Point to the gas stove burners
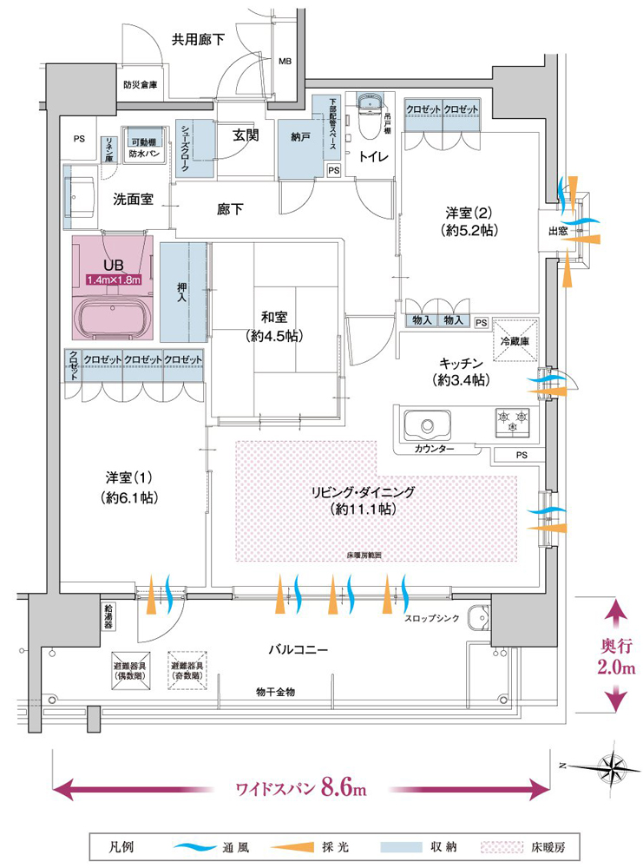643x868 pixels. pos(512,422)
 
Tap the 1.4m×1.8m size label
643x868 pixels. pos(113,280)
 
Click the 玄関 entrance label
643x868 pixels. pos(246,135)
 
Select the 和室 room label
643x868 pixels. pos(273,319)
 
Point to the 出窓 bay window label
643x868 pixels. pos(559,231)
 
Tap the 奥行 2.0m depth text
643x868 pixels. pos(617,657)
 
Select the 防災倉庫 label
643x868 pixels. pos(140,85)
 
